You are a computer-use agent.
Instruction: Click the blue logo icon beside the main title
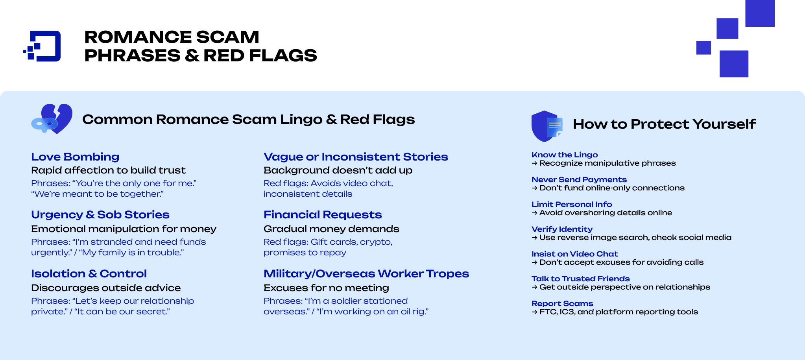(42, 46)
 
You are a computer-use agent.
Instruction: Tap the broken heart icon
(52, 119)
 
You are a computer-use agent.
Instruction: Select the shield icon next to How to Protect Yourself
(546, 126)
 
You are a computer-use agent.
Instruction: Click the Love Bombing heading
(75, 157)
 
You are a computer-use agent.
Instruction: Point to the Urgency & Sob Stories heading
(100, 214)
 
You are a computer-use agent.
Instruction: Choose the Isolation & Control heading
(89, 273)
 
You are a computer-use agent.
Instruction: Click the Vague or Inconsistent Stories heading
(356, 157)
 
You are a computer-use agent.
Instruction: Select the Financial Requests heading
(323, 214)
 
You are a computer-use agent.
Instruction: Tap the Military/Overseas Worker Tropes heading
(366, 273)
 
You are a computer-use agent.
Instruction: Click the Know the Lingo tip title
(565, 155)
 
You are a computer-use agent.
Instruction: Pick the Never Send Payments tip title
(579, 179)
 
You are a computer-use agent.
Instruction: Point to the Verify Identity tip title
(562, 229)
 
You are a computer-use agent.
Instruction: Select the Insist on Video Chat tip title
(575, 254)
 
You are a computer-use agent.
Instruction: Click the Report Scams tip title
(562, 303)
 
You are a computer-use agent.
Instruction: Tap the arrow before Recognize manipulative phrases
(534, 163)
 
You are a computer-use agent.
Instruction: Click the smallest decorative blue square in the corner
(703, 48)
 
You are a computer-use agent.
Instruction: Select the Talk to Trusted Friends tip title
(581, 279)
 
